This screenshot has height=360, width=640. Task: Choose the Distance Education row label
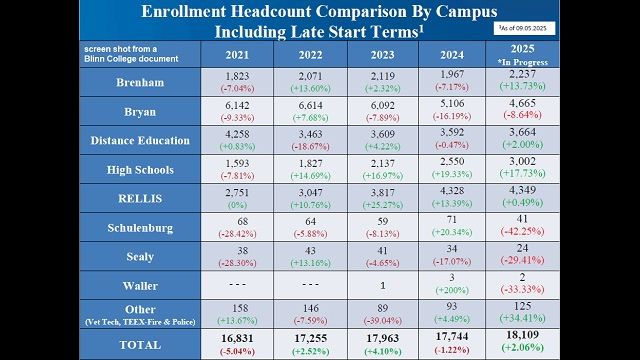pyautogui.click(x=139, y=141)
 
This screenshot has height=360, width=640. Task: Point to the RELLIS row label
pyautogui.click(x=139, y=198)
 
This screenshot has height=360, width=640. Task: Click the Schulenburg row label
pyautogui.click(x=139, y=227)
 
